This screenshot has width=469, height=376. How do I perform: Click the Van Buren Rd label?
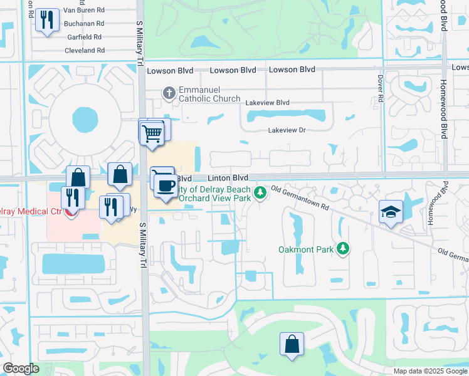(83, 11)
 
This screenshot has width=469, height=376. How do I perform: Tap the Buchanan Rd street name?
(83, 24)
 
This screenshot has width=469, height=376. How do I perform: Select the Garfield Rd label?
(85, 37)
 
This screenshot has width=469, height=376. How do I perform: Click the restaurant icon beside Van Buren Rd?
(46, 21)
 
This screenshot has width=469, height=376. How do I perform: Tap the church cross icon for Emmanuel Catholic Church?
(168, 93)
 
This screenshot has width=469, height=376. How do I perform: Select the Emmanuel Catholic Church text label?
(209, 94)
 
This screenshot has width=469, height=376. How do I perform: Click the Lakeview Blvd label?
(268, 103)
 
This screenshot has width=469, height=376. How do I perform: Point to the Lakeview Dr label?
(286, 130)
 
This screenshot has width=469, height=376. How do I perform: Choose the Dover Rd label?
(380, 88)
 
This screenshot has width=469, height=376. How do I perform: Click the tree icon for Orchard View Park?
(261, 192)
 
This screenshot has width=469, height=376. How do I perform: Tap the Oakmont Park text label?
(305, 250)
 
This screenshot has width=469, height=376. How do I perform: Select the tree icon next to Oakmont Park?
(342, 249)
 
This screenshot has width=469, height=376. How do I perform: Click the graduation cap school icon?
(391, 212)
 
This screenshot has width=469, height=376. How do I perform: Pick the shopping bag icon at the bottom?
(292, 344)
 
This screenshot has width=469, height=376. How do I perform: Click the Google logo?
(21, 368)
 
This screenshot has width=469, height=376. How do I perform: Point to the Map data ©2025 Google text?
(429, 371)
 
